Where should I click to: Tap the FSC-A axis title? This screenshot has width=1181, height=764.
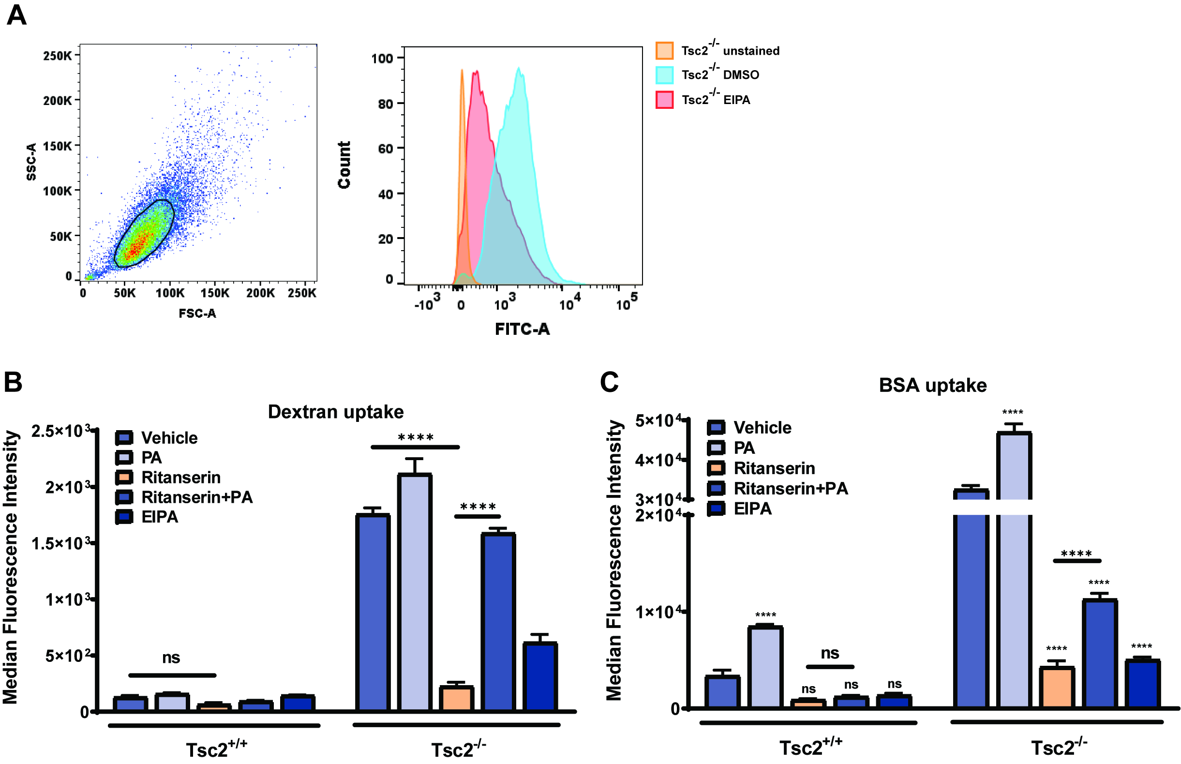pos(197,314)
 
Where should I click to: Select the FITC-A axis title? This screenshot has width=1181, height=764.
pos(523,329)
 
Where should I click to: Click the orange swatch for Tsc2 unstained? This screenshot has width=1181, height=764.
pos(664,51)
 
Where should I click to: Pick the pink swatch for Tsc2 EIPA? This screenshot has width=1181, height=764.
pos(664,100)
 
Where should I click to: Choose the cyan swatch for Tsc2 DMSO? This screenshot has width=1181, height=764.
pos(664,75)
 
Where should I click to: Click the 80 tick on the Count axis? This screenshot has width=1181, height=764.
pos(386,104)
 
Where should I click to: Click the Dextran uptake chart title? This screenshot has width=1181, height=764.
pos(336,412)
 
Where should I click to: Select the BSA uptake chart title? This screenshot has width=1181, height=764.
pos(932,386)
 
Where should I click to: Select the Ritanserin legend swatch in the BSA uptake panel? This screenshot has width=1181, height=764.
pos(716,468)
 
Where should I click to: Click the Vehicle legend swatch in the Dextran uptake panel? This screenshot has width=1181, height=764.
pos(123,437)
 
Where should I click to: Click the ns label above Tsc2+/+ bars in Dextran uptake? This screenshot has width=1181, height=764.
pos(171,658)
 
